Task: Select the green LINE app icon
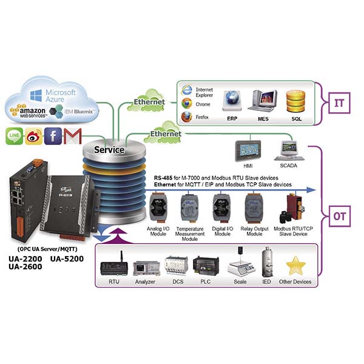(15, 136)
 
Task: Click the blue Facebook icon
(53, 136)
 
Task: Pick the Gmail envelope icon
(73, 136)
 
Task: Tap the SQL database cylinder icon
(296, 101)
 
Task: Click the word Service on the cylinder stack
(109, 149)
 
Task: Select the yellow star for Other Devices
(295, 266)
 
